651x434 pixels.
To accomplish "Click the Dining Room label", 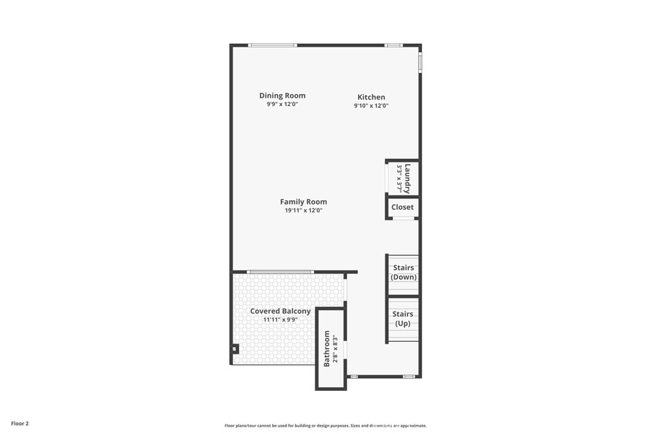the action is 282,95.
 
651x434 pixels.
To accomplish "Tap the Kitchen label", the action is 371,97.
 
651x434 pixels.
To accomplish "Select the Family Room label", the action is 303,202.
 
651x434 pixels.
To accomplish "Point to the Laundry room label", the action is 408,179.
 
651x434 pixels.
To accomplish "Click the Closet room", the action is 402,207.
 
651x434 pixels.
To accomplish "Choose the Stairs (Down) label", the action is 404,273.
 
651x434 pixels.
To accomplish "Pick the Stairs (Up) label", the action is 402,318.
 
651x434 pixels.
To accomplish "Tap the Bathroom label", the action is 327,348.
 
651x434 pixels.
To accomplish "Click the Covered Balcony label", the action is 280,311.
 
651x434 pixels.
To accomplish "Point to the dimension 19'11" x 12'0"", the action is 303,210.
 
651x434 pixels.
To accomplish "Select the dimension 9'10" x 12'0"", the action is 371,106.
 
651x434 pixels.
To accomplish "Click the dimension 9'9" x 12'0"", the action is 282,104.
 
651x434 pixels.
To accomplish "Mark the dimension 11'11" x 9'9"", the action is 280,320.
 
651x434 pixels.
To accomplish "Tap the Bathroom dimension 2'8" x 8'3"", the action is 336,348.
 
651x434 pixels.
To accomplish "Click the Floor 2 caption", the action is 20,424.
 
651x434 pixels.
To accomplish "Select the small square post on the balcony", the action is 235,349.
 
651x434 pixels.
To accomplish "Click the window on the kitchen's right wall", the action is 420,62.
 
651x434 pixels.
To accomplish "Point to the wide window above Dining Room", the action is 272,45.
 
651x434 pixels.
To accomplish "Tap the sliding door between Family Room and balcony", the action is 280,272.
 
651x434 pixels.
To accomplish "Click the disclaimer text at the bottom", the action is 325,426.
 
